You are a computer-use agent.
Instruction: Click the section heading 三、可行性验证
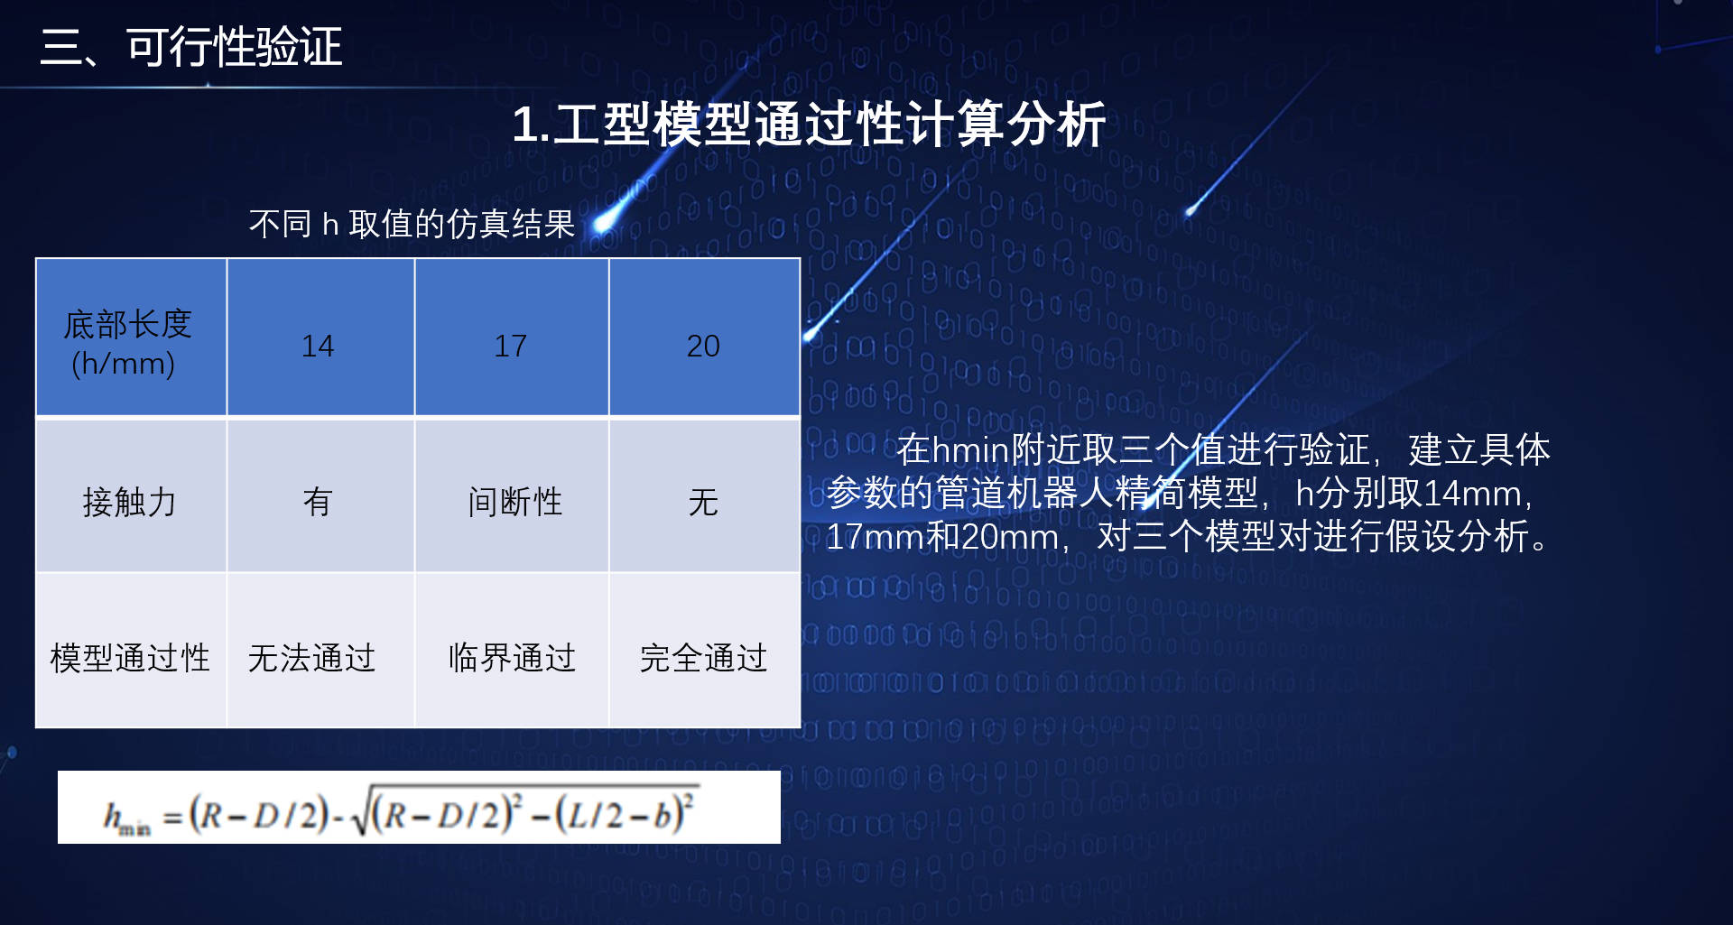pyautogui.click(x=190, y=47)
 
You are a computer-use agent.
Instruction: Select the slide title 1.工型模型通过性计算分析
pyautogui.click(x=809, y=124)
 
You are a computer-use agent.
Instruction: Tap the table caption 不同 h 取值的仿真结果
pyautogui.click(x=412, y=224)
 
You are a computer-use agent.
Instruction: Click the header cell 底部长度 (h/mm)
pyautogui.click(x=131, y=338)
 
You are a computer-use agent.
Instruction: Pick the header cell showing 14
pyautogui.click(x=320, y=338)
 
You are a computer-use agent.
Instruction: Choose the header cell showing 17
pyautogui.click(x=512, y=338)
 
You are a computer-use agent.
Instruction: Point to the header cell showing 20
pyautogui.click(x=705, y=338)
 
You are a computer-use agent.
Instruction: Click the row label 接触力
pyautogui.click(x=131, y=495)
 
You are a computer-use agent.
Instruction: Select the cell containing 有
pyautogui.click(x=320, y=495)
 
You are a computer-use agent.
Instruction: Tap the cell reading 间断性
pyautogui.click(x=512, y=495)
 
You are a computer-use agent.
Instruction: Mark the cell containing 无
pyautogui.click(x=705, y=495)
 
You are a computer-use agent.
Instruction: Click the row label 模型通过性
pyautogui.click(x=131, y=651)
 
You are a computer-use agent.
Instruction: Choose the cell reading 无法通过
pyautogui.click(x=320, y=651)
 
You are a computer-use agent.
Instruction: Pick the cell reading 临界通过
pyautogui.click(x=512, y=651)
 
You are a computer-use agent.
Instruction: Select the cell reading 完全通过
pyautogui.click(x=705, y=651)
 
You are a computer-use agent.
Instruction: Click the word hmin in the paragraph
pyautogui.click(x=970, y=449)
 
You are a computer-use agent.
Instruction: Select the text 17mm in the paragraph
pyautogui.click(x=876, y=537)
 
